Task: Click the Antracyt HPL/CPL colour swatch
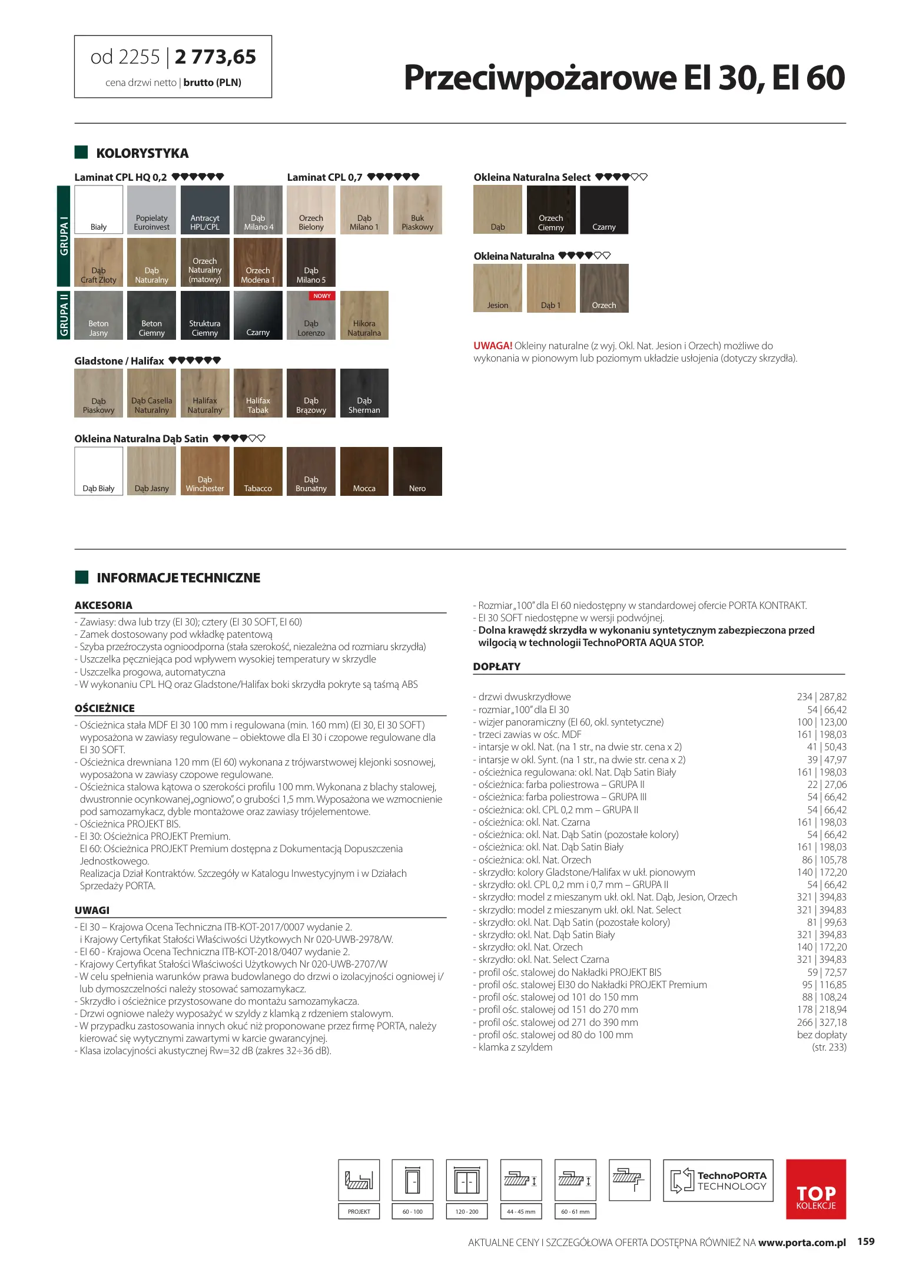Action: coord(205,210)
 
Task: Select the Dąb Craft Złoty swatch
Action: coord(98,262)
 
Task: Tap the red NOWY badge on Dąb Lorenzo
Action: coord(322,296)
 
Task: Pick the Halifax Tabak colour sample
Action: coord(258,393)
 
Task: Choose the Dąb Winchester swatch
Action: coord(205,471)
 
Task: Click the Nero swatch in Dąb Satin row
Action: coord(417,471)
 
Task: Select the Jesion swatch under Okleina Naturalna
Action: coord(497,288)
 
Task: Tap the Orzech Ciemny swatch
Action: coord(550,210)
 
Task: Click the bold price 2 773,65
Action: coord(215,57)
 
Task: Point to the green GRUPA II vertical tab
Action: coord(64,315)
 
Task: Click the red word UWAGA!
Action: coord(493,346)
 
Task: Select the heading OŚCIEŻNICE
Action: coord(105,708)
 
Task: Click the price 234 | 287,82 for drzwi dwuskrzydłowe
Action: coord(821,697)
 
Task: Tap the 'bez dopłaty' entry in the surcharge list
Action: coord(821,1035)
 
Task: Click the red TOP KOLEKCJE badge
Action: coord(815,1188)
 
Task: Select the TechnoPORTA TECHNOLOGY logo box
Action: coord(718,1180)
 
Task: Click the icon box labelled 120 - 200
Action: coord(467,1180)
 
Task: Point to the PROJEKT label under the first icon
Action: coord(359,1211)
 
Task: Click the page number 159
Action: coord(865,1241)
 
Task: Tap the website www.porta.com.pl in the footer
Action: coord(801,1243)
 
